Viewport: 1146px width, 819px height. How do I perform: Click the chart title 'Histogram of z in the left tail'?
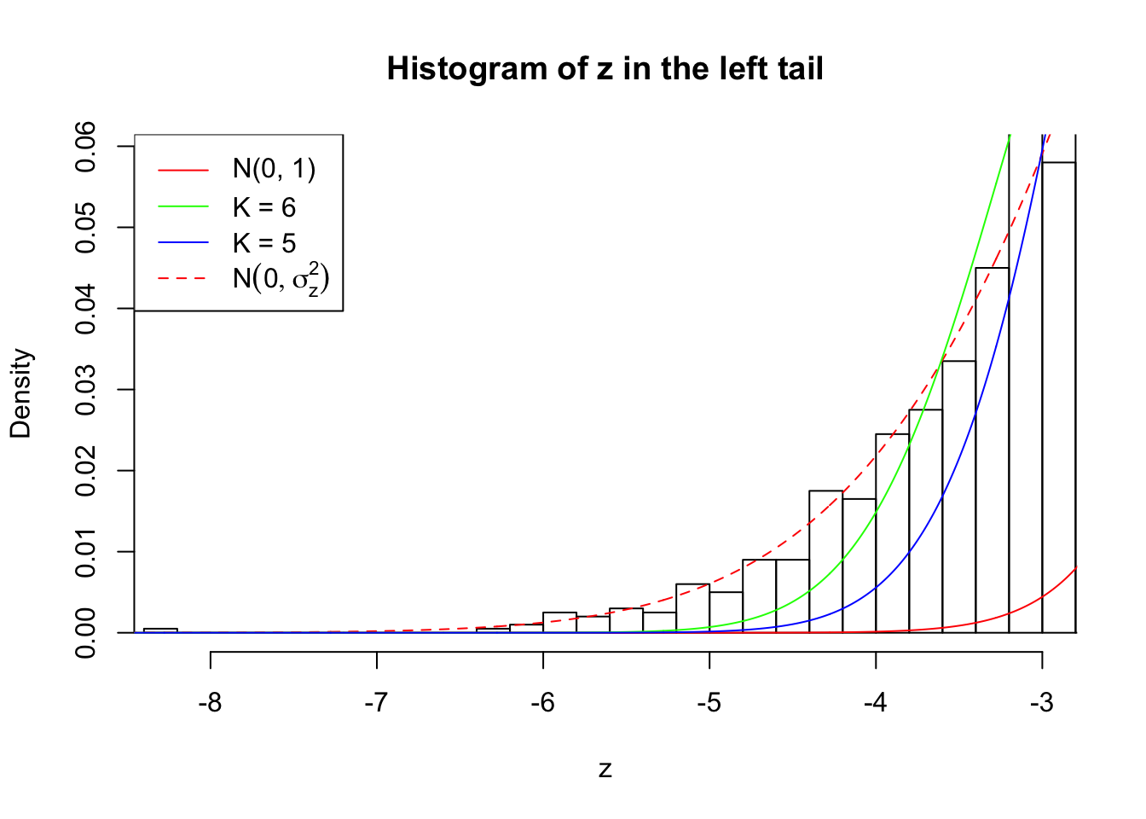pyautogui.click(x=605, y=68)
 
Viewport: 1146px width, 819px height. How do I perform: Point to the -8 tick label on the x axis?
pyautogui.click(x=210, y=703)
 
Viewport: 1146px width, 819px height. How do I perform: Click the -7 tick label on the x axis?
pyautogui.click(x=376, y=703)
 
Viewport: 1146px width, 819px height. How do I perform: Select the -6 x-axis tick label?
pyautogui.click(x=542, y=703)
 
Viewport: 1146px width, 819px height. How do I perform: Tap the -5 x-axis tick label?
pyautogui.click(x=709, y=703)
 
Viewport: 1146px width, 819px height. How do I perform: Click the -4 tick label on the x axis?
pyautogui.click(x=875, y=703)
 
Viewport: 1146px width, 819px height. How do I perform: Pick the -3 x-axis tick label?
pyautogui.click(x=1041, y=703)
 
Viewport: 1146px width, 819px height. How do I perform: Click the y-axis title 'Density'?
pyautogui.click(x=20, y=393)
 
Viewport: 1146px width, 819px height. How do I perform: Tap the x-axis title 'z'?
pyautogui.click(x=605, y=770)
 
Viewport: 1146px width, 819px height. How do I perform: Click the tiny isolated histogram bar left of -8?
pyautogui.click(x=160, y=630)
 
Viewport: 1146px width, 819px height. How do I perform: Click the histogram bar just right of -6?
pyautogui.click(x=559, y=623)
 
